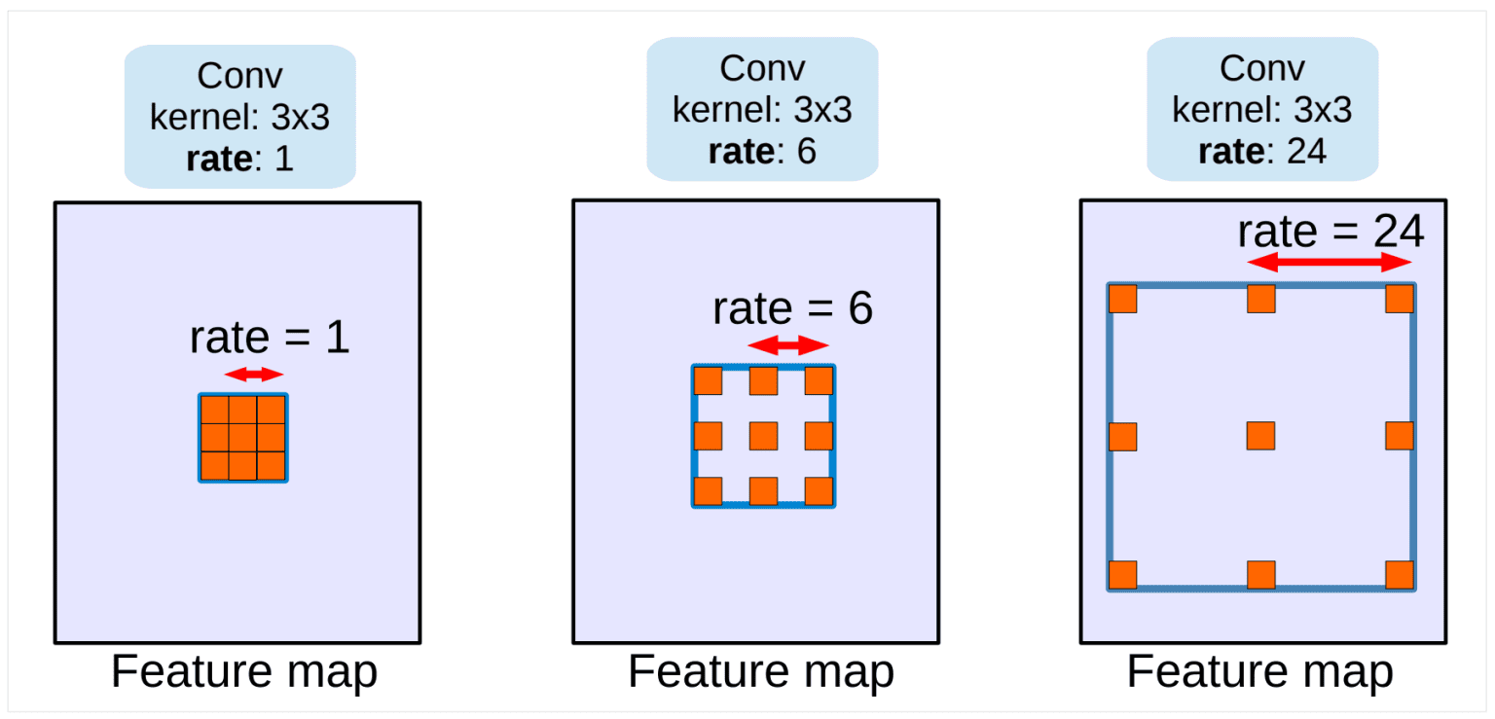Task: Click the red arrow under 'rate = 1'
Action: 253,375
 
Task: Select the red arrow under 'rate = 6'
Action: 787,344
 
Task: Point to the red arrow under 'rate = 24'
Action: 1330,262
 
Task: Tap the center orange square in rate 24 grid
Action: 1260,436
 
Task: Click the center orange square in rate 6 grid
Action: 763,436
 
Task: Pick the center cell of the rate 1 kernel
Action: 242,437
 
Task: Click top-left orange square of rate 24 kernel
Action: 1122,299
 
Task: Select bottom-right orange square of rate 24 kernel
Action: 1399,575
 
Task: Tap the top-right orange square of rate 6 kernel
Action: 819,381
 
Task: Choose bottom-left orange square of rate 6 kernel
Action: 708,491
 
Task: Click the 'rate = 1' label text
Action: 269,338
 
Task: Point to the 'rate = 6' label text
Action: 792,308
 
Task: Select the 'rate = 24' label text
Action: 1330,232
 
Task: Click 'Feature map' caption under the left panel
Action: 243,672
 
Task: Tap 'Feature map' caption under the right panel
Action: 1259,672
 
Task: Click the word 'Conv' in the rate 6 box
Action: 762,69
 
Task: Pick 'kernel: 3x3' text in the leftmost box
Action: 239,117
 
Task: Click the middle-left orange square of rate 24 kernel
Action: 1122,436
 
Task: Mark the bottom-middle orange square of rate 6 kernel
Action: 763,491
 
